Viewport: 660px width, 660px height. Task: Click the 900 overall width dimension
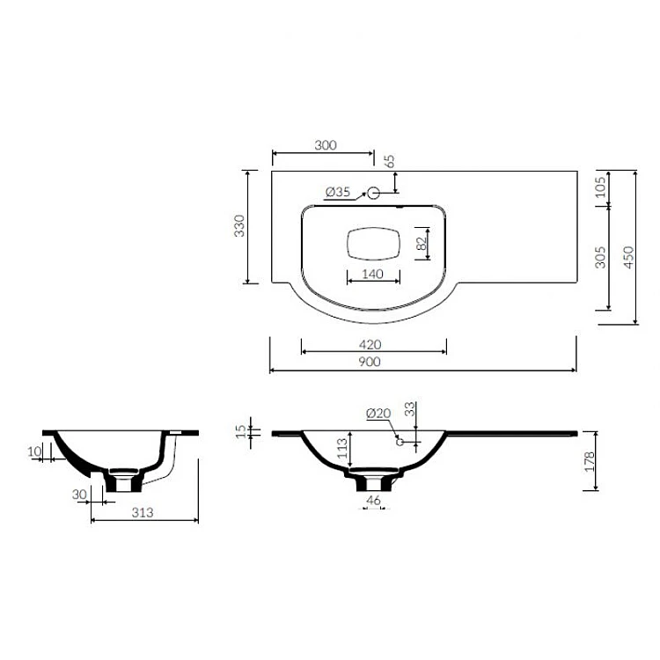click(370, 362)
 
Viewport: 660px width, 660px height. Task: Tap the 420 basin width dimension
click(370, 345)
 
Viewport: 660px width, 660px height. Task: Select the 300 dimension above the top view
click(326, 145)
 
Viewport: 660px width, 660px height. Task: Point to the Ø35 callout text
click(338, 192)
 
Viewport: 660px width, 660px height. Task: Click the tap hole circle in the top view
click(373, 194)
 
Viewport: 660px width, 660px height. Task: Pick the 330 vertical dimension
click(239, 226)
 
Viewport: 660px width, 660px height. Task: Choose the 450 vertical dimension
click(628, 257)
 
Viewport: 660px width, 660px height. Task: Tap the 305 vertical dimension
click(601, 257)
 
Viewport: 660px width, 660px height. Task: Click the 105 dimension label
click(601, 187)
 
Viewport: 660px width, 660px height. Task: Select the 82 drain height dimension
click(422, 243)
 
